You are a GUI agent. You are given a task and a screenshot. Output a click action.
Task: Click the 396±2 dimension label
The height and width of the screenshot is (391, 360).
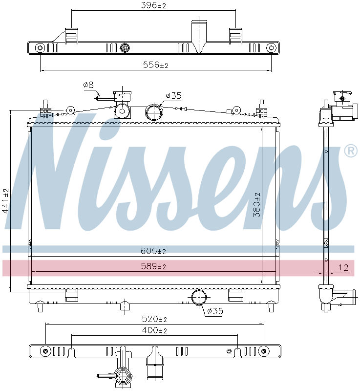(153, 5)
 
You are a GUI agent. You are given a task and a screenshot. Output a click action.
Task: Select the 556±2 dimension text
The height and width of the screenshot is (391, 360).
(156, 65)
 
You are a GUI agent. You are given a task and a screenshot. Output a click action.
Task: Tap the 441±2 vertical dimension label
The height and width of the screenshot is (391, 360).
(5, 201)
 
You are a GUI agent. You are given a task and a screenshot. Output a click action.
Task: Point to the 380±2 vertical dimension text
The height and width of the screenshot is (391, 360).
(256, 205)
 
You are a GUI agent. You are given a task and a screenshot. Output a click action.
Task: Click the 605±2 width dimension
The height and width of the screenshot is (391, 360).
(153, 251)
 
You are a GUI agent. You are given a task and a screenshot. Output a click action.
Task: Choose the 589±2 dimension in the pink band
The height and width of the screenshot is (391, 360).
(153, 266)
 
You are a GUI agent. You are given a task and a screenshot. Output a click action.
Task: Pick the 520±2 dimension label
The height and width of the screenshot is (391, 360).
(154, 319)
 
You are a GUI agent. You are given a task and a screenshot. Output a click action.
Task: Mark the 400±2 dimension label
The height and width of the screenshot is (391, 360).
(154, 330)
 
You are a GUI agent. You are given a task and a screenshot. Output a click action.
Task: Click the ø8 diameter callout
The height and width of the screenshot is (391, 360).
(88, 85)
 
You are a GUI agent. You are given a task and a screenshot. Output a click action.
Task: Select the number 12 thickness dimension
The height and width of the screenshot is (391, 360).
(343, 268)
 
